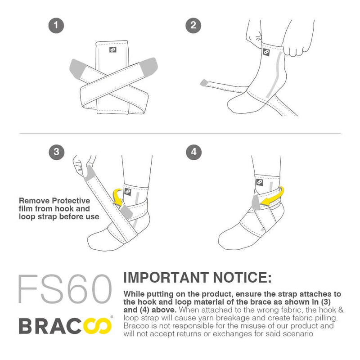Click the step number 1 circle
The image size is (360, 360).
56,26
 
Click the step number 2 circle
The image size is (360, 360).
193,26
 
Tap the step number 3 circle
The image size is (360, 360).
56,152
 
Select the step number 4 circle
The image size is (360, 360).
193,152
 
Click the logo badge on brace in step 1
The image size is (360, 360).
112,49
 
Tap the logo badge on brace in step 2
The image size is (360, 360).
266,53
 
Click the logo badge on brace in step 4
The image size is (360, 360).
259,183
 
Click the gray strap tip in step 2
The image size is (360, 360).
205,82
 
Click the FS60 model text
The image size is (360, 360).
64,288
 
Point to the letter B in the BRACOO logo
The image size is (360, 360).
27,325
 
